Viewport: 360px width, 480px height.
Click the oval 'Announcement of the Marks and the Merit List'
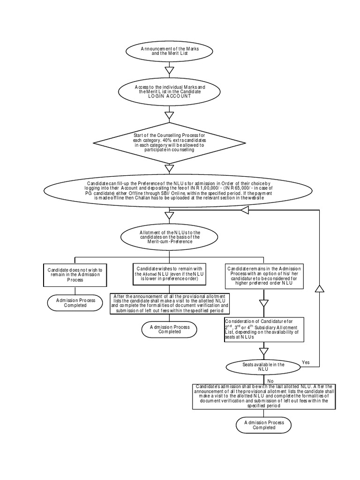[x=170, y=52]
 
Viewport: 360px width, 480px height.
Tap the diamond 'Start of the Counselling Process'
[x=170, y=142]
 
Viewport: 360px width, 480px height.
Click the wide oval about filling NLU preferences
[x=170, y=190]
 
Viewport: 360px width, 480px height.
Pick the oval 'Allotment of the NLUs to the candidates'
[x=170, y=237]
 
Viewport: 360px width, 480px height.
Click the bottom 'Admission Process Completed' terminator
[x=264, y=425]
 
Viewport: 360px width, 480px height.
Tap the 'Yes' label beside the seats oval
[x=306, y=362]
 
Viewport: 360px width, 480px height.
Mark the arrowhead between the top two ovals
[x=170, y=71]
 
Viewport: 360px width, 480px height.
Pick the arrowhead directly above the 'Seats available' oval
[x=264, y=351]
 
